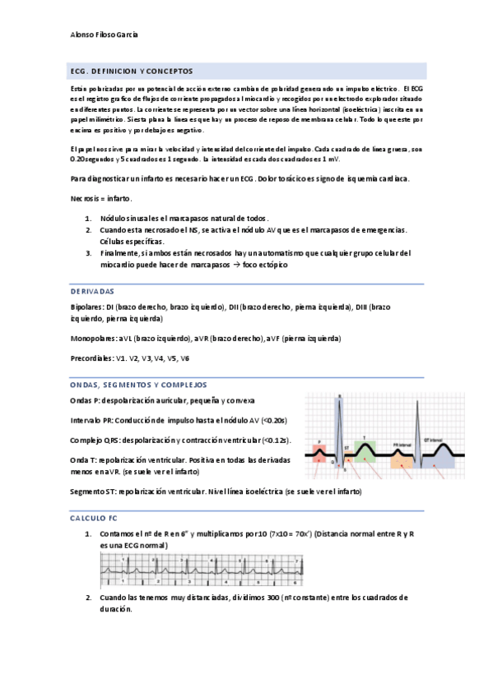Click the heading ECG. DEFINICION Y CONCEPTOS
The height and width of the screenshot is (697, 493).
(x=133, y=72)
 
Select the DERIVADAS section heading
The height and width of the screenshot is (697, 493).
(x=92, y=292)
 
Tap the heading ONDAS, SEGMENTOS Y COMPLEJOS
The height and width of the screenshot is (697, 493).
(x=137, y=385)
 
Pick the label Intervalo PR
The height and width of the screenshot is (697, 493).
(x=90, y=420)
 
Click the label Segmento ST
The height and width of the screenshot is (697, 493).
(x=91, y=491)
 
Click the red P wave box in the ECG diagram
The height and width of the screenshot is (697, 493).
(x=319, y=450)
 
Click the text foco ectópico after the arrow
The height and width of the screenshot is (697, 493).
(x=263, y=264)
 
